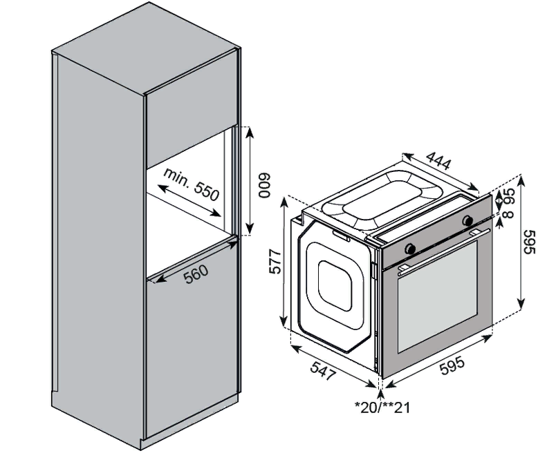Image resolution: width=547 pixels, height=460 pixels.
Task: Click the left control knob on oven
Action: (410, 247)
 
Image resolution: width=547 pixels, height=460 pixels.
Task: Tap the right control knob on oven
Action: (467, 220)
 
